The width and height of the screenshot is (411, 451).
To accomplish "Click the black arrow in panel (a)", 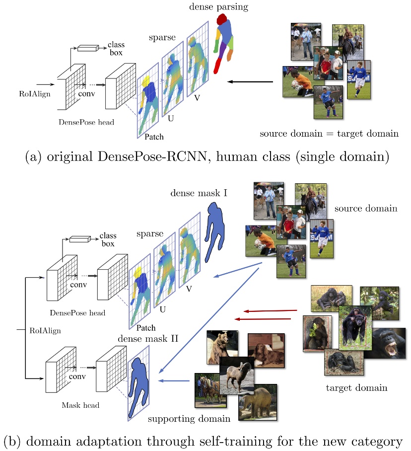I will coord(250,81).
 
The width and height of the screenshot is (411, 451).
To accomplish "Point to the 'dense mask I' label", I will coord(199,192).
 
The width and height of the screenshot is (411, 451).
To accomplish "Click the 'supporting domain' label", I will coord(189,419).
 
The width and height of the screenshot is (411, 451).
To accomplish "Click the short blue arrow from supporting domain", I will coord(174,381).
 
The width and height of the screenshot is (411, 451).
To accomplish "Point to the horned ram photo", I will coord(240,374).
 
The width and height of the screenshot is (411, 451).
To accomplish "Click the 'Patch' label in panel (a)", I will coord(153,136).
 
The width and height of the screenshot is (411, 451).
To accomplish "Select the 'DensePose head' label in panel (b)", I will coord(77,313).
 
